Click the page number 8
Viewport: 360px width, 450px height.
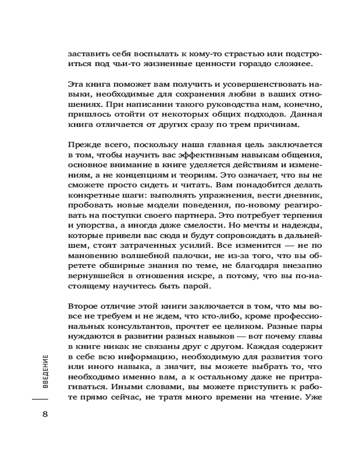(45, 414)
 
